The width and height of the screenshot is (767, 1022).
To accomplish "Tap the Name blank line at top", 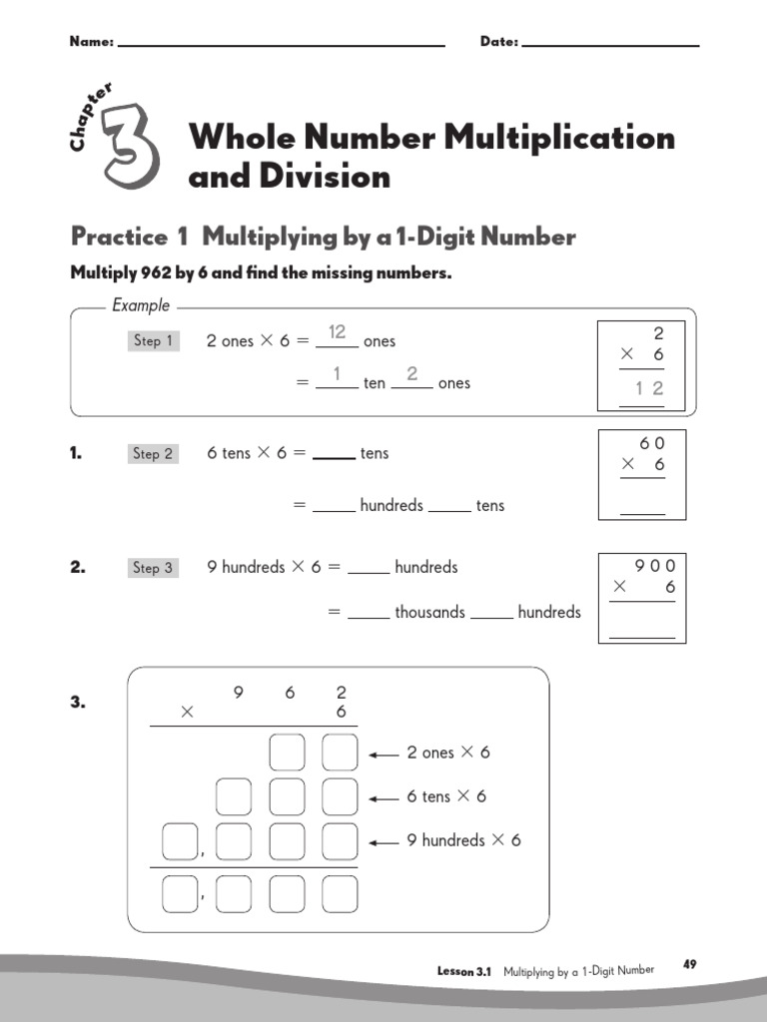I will pos(281,45).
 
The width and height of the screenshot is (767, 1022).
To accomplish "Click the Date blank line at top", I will pos(610,45).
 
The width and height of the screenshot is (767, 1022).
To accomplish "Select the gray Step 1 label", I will pos(154,341).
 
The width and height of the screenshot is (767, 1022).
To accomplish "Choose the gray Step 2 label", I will pos(154,454).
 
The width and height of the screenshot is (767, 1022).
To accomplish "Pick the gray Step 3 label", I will pos(154,568).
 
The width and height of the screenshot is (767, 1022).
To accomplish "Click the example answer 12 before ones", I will pos(338,332).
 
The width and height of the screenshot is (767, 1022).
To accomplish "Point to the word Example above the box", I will pos(141,305).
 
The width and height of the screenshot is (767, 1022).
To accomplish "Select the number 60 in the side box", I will pos(651,443).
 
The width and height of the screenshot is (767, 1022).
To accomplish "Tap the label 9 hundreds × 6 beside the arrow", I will pos(463,840).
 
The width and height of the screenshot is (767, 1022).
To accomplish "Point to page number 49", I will pos(690,964).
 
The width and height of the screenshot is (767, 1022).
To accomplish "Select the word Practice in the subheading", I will pos(119,237).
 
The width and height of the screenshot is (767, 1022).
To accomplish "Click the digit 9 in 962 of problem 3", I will pos(239,691).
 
